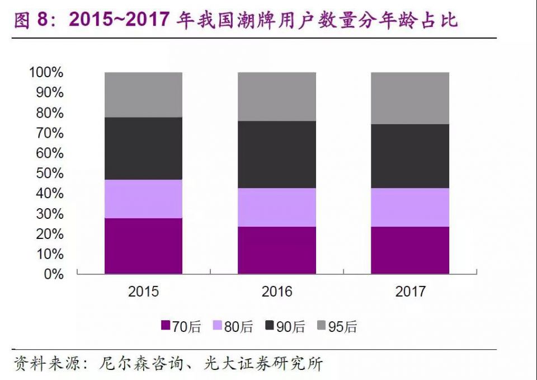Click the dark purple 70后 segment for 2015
[143, 246]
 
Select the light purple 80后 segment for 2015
[143, 199]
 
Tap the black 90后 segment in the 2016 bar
[277, 154]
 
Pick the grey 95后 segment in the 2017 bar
[410, 98]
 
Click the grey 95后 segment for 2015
[143, 95]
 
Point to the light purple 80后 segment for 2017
[410, 207]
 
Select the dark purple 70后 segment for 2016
[277, 250]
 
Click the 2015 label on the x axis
[143, 292]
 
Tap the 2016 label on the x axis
[277, 292]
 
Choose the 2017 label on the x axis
[410, 292]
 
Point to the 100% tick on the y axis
[46, 73]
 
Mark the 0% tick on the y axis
[53, 274]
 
